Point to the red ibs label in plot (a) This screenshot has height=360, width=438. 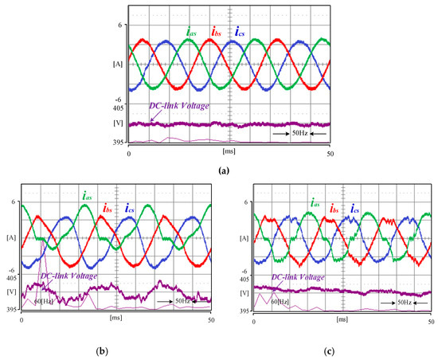click(216, 33)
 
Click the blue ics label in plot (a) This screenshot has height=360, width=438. click(241, 33)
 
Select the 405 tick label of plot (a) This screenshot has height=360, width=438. click(117, 107)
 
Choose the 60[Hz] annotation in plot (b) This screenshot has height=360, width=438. click(35, 302)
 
